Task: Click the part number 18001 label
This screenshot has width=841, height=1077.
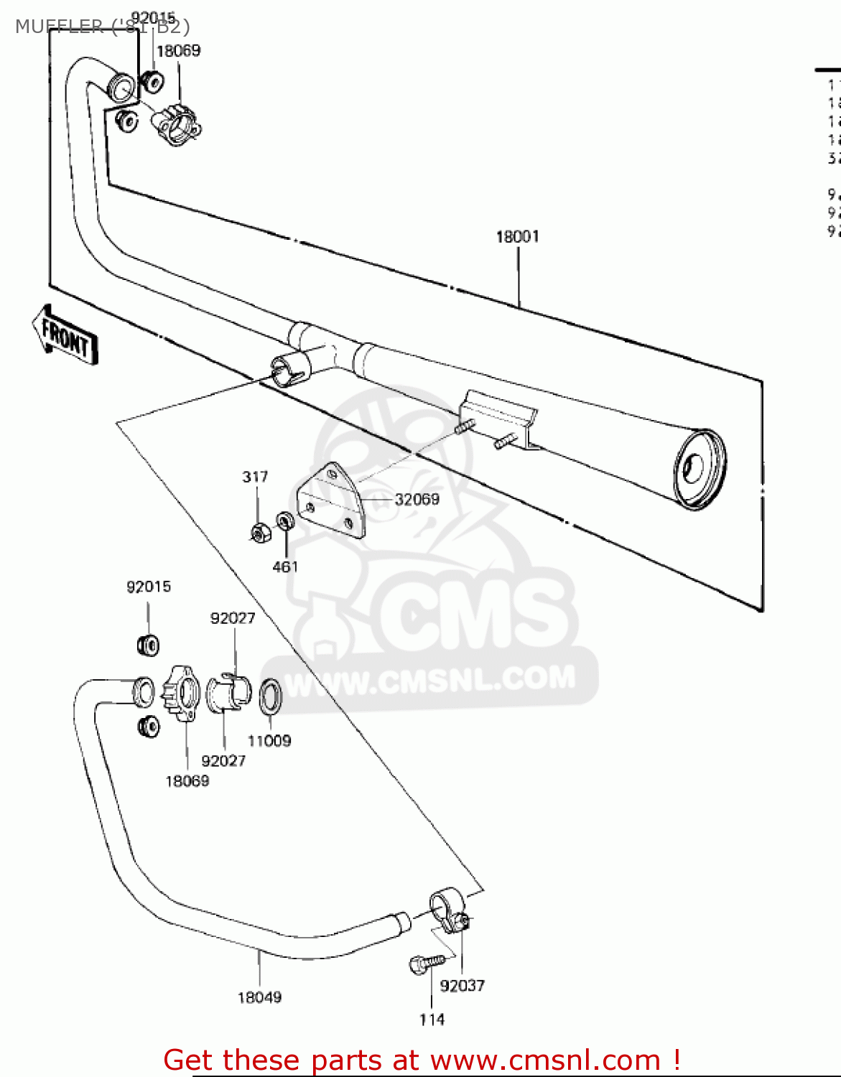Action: [x=517, y=236]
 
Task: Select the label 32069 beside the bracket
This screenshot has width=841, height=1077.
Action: [x=417, y=499]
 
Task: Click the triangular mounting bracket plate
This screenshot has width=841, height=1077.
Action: [x=331, y=500]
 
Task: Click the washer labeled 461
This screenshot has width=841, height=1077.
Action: [x=284, y=520]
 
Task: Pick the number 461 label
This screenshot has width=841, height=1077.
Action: [x=285, y=567]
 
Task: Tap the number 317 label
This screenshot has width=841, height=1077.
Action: [x=255, y=477]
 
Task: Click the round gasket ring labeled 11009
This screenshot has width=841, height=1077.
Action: [x=270, y=696]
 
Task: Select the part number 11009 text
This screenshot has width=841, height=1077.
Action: [x=269, y=740]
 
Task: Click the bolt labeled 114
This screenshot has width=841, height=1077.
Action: [x=424, y=963]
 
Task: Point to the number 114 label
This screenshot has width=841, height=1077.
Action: [x=432, y=1020]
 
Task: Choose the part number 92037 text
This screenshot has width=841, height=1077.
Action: [x=462, y=986]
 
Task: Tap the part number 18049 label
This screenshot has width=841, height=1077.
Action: [x=259, y=997]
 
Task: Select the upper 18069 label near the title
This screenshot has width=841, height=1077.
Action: [x=178, y=50]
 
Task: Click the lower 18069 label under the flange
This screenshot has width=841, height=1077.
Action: [x=187, y=780]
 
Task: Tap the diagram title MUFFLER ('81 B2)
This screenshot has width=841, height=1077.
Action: [x=102, y=27]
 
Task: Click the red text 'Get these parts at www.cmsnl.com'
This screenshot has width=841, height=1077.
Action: [x=422, y=1060]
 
